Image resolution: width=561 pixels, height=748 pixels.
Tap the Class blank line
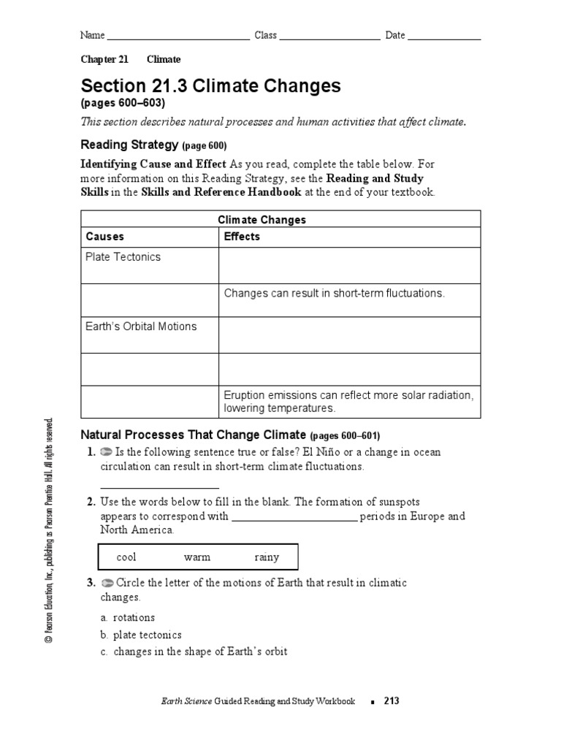[x=329, y=37]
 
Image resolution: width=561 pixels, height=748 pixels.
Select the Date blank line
[x=444, y=37]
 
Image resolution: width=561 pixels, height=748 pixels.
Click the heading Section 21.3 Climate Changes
[x=210, y=85]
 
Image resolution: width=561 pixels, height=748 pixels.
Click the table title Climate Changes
[x=262, y=219]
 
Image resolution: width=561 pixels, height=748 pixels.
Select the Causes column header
[x=105, y=237]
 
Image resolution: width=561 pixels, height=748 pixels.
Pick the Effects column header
[x=242, y=237]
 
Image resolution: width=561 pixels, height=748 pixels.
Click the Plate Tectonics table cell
[x=123, y=257]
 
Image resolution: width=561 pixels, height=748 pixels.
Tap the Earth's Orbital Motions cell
[x=141, y=327]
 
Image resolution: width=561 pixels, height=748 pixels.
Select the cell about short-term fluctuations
[x=334, y=293]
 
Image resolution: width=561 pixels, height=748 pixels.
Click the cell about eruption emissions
[x=348, y=401]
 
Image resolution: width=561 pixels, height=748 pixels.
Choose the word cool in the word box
[x=126, y=557]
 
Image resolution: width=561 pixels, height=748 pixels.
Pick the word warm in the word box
[x=197, y=557]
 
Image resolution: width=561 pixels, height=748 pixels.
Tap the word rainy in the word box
[x=267, y=557]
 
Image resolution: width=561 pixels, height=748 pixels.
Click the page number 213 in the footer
[x=392, y=701]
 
